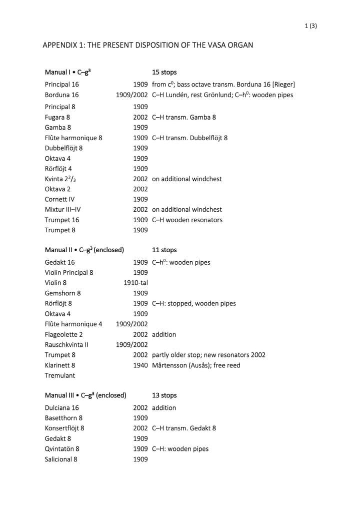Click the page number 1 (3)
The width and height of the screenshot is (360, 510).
[x=310, y=26]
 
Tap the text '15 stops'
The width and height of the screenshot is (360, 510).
[x=164, y=72]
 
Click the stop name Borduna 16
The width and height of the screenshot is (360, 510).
[x=61, y=95]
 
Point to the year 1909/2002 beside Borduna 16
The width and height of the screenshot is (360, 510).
[x=131, y=95]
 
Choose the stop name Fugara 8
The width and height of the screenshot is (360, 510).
[x=57, y=117]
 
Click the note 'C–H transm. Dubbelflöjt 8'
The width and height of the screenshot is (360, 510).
[x=189, y=138]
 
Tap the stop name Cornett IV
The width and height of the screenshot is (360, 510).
[x=59, y=199]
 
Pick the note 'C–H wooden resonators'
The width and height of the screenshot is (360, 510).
[x=187, y=220]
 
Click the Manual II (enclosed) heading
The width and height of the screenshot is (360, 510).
[x=84, y=250]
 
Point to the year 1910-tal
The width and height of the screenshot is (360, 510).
[x=135, y=283]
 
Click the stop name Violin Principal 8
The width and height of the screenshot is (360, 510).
[x=69, y=273]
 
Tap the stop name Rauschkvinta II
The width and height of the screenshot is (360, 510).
[x=66, y=344]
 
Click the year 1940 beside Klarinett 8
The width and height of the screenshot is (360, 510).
[x=140, y=365]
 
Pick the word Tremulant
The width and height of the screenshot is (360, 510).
[x=60, y=375]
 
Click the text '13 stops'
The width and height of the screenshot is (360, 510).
[x=164, y=395]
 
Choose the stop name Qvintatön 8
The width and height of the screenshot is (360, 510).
[x=62, y=449]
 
